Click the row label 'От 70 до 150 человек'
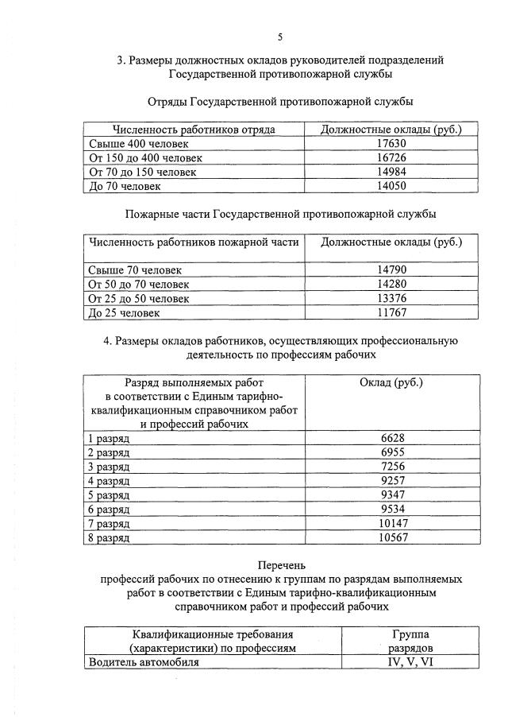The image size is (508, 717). point(143,172)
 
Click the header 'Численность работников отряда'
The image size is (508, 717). point(194,129)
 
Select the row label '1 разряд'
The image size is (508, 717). point(109,438)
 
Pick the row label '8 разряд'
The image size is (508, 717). point(109,538)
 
